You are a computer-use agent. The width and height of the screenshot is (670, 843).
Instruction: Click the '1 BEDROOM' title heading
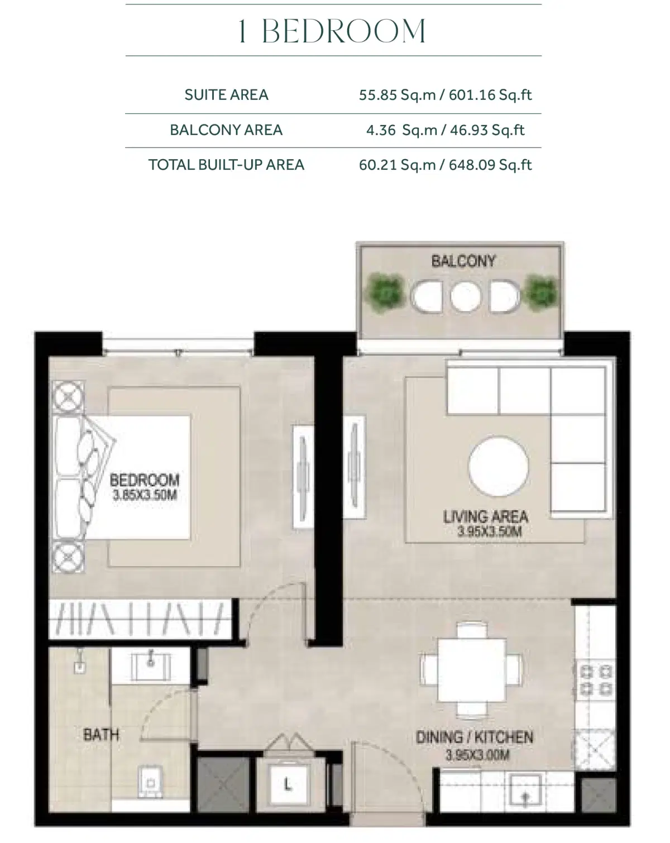(333, 31)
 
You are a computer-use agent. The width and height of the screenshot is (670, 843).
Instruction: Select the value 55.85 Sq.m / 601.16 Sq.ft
(445, 95)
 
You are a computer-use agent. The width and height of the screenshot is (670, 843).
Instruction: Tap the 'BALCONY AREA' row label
(226, 130)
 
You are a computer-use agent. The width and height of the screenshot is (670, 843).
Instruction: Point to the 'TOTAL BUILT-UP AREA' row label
(226, 165)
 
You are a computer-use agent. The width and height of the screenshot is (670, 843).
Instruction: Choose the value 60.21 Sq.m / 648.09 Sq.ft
(445, 165)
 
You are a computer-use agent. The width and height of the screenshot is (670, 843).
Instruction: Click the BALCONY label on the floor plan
(463, 261)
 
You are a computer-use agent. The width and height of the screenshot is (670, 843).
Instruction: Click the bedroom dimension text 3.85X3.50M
(145, 495)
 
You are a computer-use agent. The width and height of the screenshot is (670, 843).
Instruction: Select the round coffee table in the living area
(499, 467)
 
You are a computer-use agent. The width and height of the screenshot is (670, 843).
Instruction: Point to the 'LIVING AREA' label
(486, 516)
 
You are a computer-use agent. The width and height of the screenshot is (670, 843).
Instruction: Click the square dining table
(472, 669)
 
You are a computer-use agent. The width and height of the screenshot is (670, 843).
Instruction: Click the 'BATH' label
(101, 734)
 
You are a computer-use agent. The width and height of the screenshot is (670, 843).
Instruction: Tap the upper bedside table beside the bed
(69, 397)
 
